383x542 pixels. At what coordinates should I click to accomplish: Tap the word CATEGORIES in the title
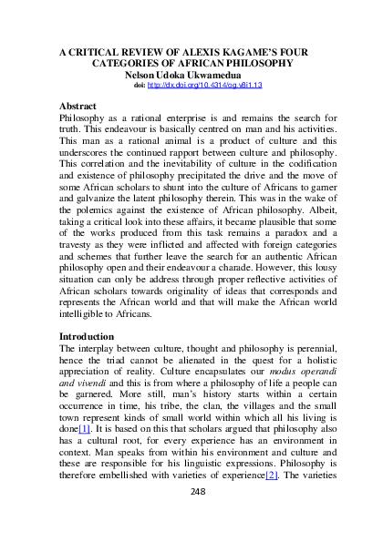132,64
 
